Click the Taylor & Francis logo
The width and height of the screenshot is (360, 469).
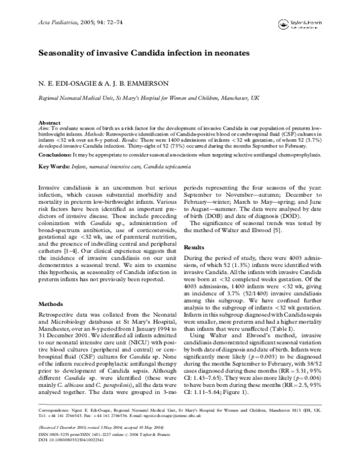pyautogui.click(x=301, y=25)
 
